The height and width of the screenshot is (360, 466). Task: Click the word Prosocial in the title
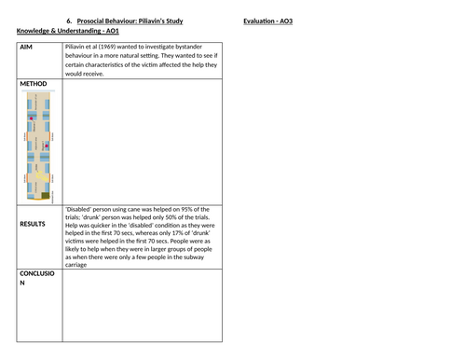click(96, 21)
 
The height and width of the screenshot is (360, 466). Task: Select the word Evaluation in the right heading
click(260, 21)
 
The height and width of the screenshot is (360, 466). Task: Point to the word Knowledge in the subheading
click(36, 33)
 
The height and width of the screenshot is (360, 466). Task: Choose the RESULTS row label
click(35, 225)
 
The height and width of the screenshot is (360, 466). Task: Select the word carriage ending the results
click(76, 265)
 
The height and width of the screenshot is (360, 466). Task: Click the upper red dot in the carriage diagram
click(32, 119)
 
